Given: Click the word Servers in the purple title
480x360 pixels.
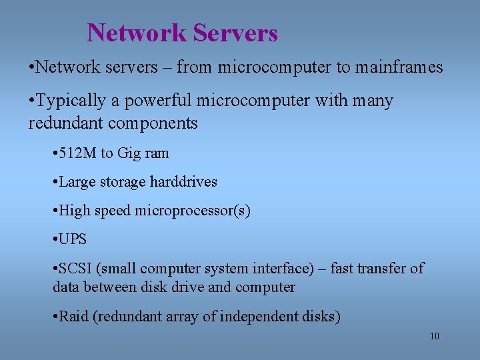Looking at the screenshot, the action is point(235,33).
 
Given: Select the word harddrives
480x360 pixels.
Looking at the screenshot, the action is point(184,182).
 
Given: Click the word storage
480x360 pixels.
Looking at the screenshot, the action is point(124,182).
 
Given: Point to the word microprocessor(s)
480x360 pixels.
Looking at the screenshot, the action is point(193,211).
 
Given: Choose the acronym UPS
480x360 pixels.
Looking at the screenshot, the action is point(73,239).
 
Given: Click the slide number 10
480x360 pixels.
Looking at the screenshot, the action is point(434,336).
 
